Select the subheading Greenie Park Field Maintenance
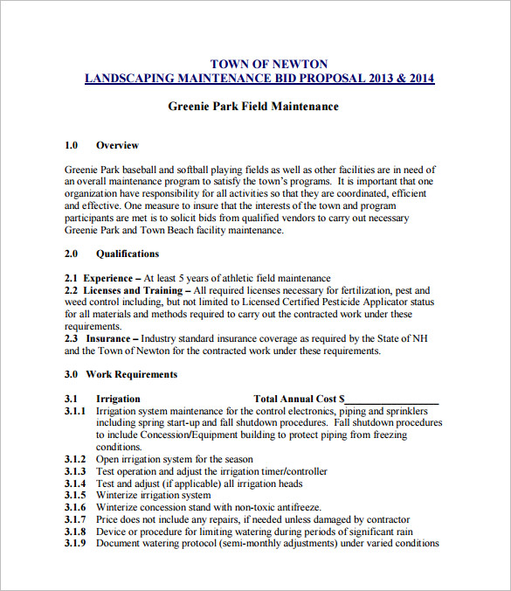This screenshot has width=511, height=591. pos(253,107)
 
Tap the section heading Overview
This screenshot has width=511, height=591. pos(117,145)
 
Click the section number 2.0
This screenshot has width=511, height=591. pos(72,254)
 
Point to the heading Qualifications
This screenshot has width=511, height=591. pos(128,254)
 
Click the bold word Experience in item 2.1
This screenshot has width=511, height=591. pos(107,278)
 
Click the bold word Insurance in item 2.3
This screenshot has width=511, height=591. pos(107,338)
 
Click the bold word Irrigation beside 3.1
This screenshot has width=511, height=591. pos(118,399)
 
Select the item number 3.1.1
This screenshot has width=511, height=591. pos(76,411)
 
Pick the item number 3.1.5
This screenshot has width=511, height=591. pos(76,495)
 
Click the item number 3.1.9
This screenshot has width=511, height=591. pos(76,543)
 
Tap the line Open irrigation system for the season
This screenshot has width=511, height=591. pos(175,459)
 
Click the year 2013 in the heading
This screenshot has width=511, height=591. pos(383,79)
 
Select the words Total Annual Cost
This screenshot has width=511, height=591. pos(295,399)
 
